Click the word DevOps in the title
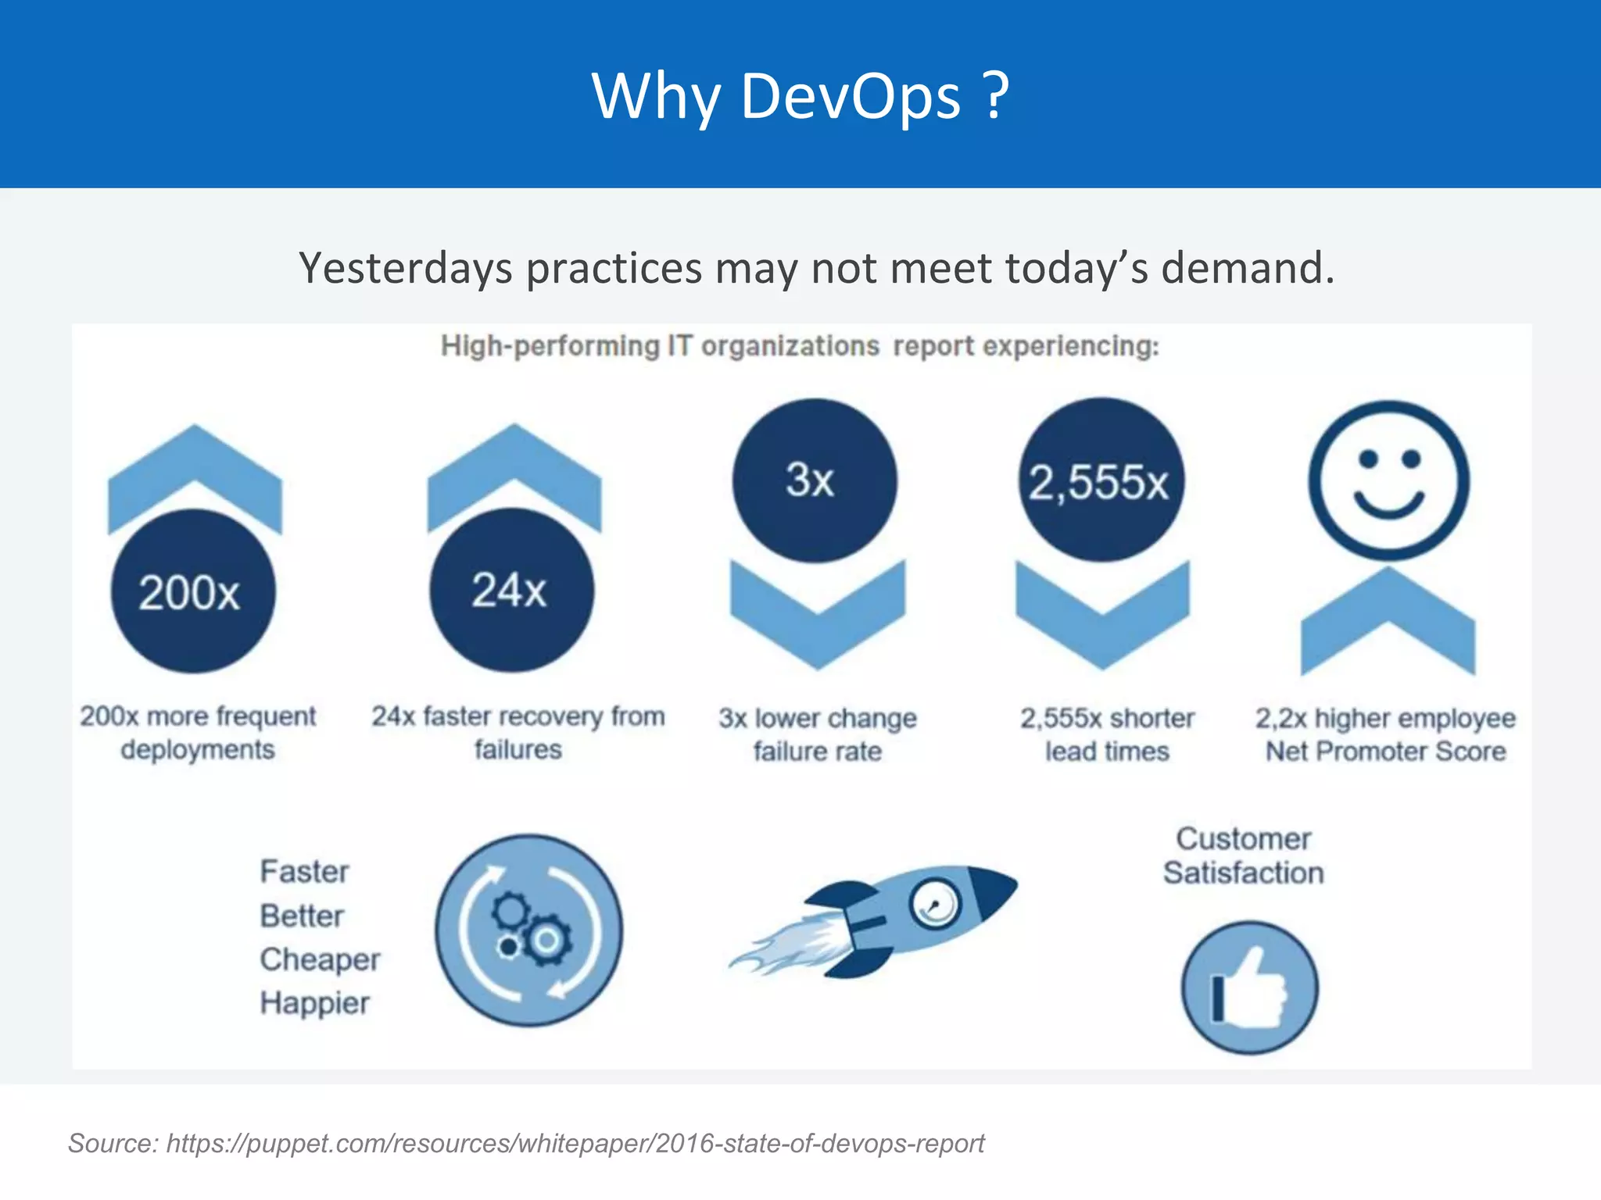(850, 96)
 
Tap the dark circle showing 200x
(193, 591)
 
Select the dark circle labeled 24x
(512, 590)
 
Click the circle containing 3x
(815, 480)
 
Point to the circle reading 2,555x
(1101, 480)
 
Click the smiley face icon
(1388, 481)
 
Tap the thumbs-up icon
(1249, 987)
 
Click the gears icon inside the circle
(529, 930)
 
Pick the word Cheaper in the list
(320, 959)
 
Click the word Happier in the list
(314, 1003)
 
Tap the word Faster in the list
(304, 872)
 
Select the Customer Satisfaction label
(1243, 855)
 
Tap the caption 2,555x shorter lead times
(1107, 734)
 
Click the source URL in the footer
(575, 1143)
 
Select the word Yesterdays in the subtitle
(406, 268)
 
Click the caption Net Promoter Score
(1385, 752)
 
